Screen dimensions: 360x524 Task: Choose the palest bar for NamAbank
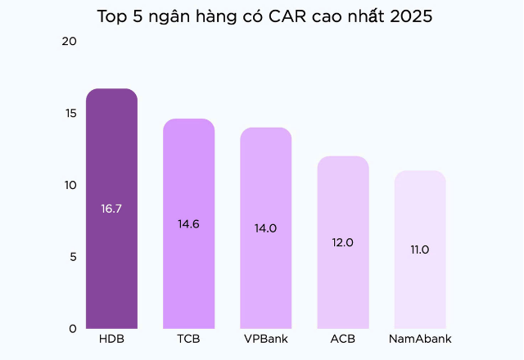tap(419, 286)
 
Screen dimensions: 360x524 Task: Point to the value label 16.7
tap(111, 209)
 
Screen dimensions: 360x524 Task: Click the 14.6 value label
tap(188, 223)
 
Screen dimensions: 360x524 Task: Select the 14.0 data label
tap(265, 228)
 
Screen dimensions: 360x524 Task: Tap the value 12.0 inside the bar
tap(342, 242)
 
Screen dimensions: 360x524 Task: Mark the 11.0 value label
tap(419, 250)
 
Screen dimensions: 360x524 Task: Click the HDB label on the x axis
tap(111, 339)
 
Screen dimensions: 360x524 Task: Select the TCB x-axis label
tap(188, 339)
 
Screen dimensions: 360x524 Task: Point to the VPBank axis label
tap(265, 339)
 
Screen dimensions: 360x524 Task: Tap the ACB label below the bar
tap(342, 339)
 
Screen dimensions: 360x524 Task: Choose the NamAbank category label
tap(419, 339)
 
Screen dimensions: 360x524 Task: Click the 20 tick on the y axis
tap(69, 42)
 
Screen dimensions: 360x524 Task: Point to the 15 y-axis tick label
tap(70, 113)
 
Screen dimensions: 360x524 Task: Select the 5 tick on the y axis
tap(72, 257)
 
